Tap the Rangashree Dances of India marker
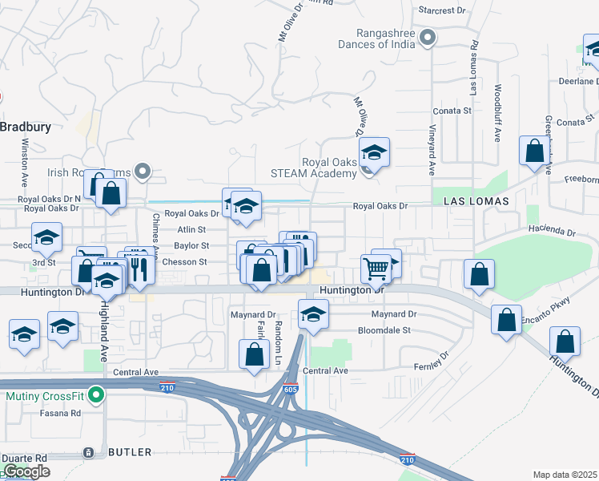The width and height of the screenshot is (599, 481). [x=428, y=37]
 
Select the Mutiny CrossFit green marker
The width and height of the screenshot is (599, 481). [x=96, y=395]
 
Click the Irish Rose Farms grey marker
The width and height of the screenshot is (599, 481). [x=143, y=170]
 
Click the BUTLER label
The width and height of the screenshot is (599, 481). [x=129, y=452]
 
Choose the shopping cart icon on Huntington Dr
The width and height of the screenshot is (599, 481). [x=376, y=269]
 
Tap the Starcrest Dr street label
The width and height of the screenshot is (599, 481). [x=442, y=10]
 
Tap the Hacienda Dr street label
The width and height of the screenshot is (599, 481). [x=552, y=232]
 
